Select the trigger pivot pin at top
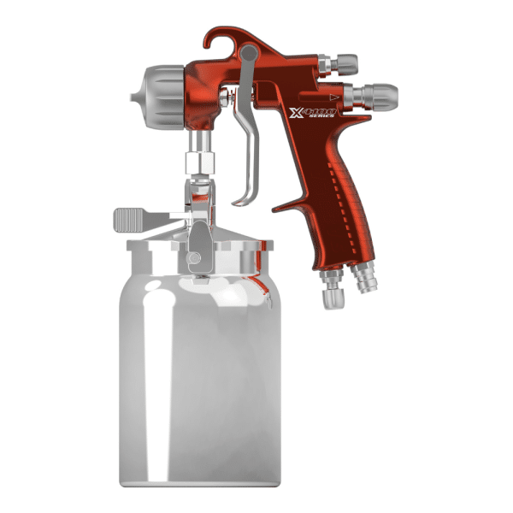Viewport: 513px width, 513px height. click(x=248, y=56)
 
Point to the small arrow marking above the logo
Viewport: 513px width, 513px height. click(x=328, y=97)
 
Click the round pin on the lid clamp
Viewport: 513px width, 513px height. click(x=196, y=256)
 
